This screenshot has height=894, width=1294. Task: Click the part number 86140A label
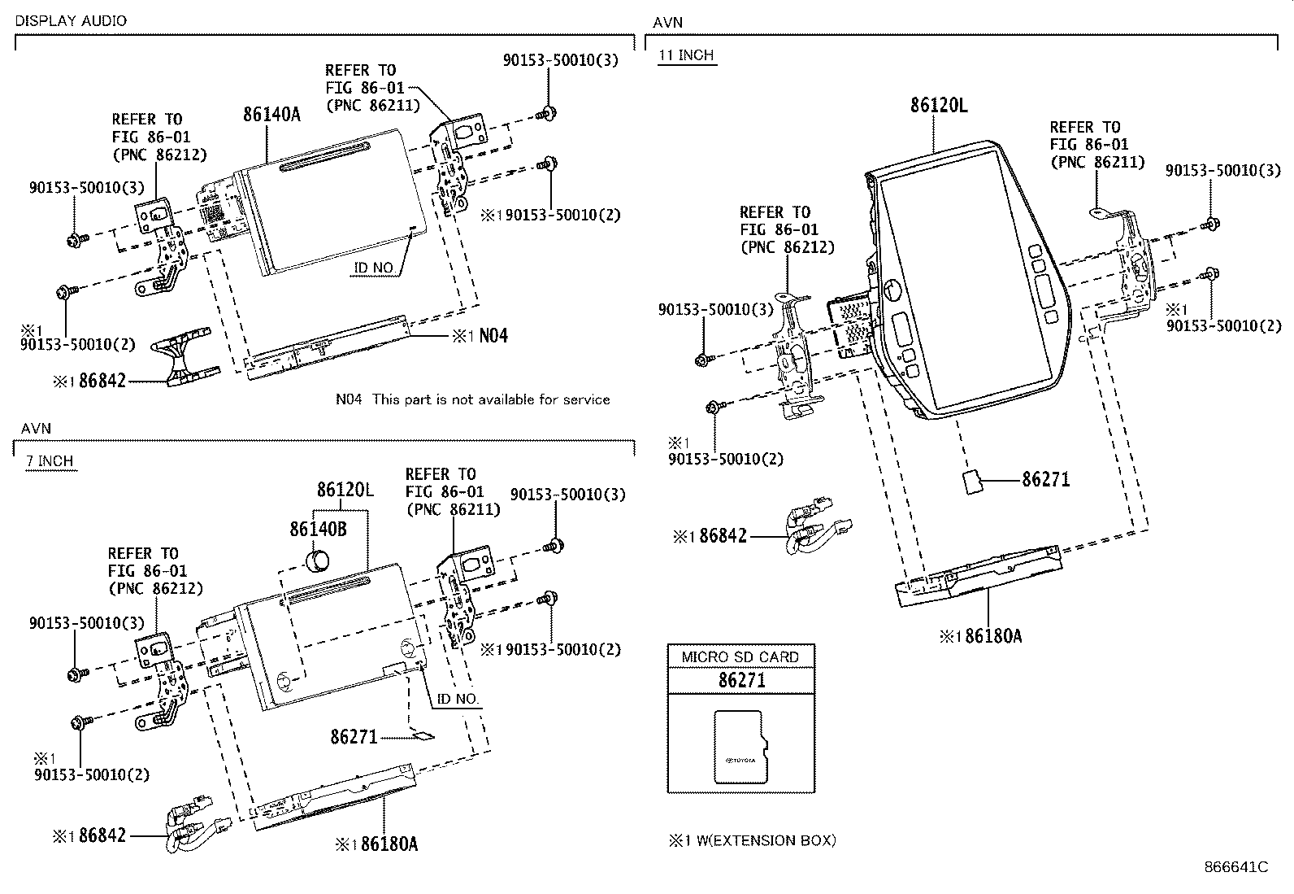coord(271,115)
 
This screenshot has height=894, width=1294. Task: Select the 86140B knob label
coord(318,529)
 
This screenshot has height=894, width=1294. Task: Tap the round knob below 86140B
coord(317,560)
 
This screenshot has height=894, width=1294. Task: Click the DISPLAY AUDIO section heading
coord(72,21)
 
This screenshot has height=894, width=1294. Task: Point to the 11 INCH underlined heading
coord(686,55)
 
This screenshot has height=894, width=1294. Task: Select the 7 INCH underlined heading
coord(50,461)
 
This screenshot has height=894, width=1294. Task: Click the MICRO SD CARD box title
coord(740,656)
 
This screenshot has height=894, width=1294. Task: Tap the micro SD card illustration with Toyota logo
coord(739,748)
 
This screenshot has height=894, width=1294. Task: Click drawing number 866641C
coord(1235,867)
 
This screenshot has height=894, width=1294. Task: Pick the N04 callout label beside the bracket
coord(493,335)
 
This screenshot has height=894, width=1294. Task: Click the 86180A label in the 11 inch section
coord(992,636)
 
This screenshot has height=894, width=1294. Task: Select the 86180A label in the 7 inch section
coord(389,844)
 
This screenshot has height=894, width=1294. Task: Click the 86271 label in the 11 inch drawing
coord(1045,480)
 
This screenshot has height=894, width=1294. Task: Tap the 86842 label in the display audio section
coord(102,380)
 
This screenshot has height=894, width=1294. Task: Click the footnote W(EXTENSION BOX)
coord(763,840)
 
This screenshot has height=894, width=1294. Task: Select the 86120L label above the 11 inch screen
coord(939,105)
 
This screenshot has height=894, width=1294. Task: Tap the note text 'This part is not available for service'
coord(491,399)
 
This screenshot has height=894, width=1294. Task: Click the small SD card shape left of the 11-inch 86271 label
coord(971,481)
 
